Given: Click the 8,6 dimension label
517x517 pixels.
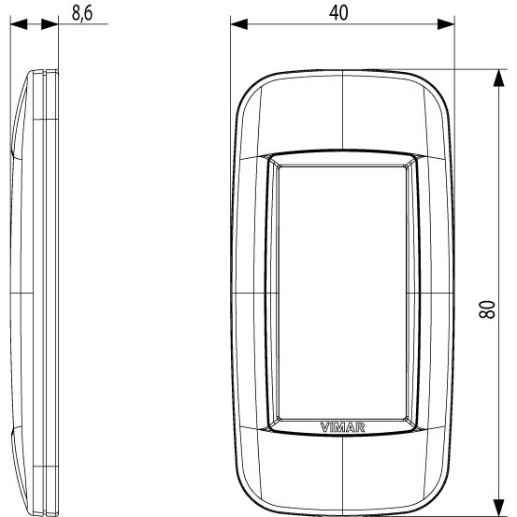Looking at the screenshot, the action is tap(82, 13).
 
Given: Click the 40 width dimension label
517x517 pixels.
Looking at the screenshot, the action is tap(338, 13).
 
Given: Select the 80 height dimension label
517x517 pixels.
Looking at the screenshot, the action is tap(487, 309).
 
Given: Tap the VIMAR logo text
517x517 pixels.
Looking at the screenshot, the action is tap(342, 427).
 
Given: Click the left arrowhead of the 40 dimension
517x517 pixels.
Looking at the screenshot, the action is tap(239, 24).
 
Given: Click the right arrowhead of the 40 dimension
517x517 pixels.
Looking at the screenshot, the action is tap(446, 24).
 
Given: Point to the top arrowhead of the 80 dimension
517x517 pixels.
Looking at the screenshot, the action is tap(499, 79).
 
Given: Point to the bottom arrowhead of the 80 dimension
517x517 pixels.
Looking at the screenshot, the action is tap(499, 508).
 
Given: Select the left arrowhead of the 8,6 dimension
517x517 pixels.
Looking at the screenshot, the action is tap(19, 24).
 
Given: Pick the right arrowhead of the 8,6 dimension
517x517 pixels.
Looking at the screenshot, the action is tap(50, 24).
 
